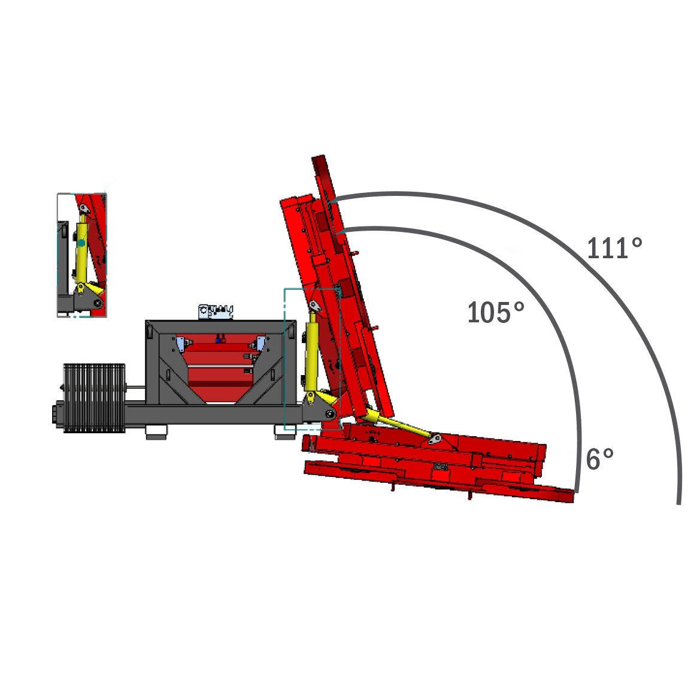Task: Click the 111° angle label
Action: [x=615, y=247]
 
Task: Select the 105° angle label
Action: [x=496, y=312]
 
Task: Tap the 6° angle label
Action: [x=599, y=459]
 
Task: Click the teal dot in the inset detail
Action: [x=81, y=243]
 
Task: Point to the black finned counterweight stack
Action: [x=94, y=397]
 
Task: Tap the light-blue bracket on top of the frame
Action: [x=216, y=311]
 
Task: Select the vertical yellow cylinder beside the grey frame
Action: [x=311, y=354]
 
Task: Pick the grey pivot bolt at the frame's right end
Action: [x=329, y=414]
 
